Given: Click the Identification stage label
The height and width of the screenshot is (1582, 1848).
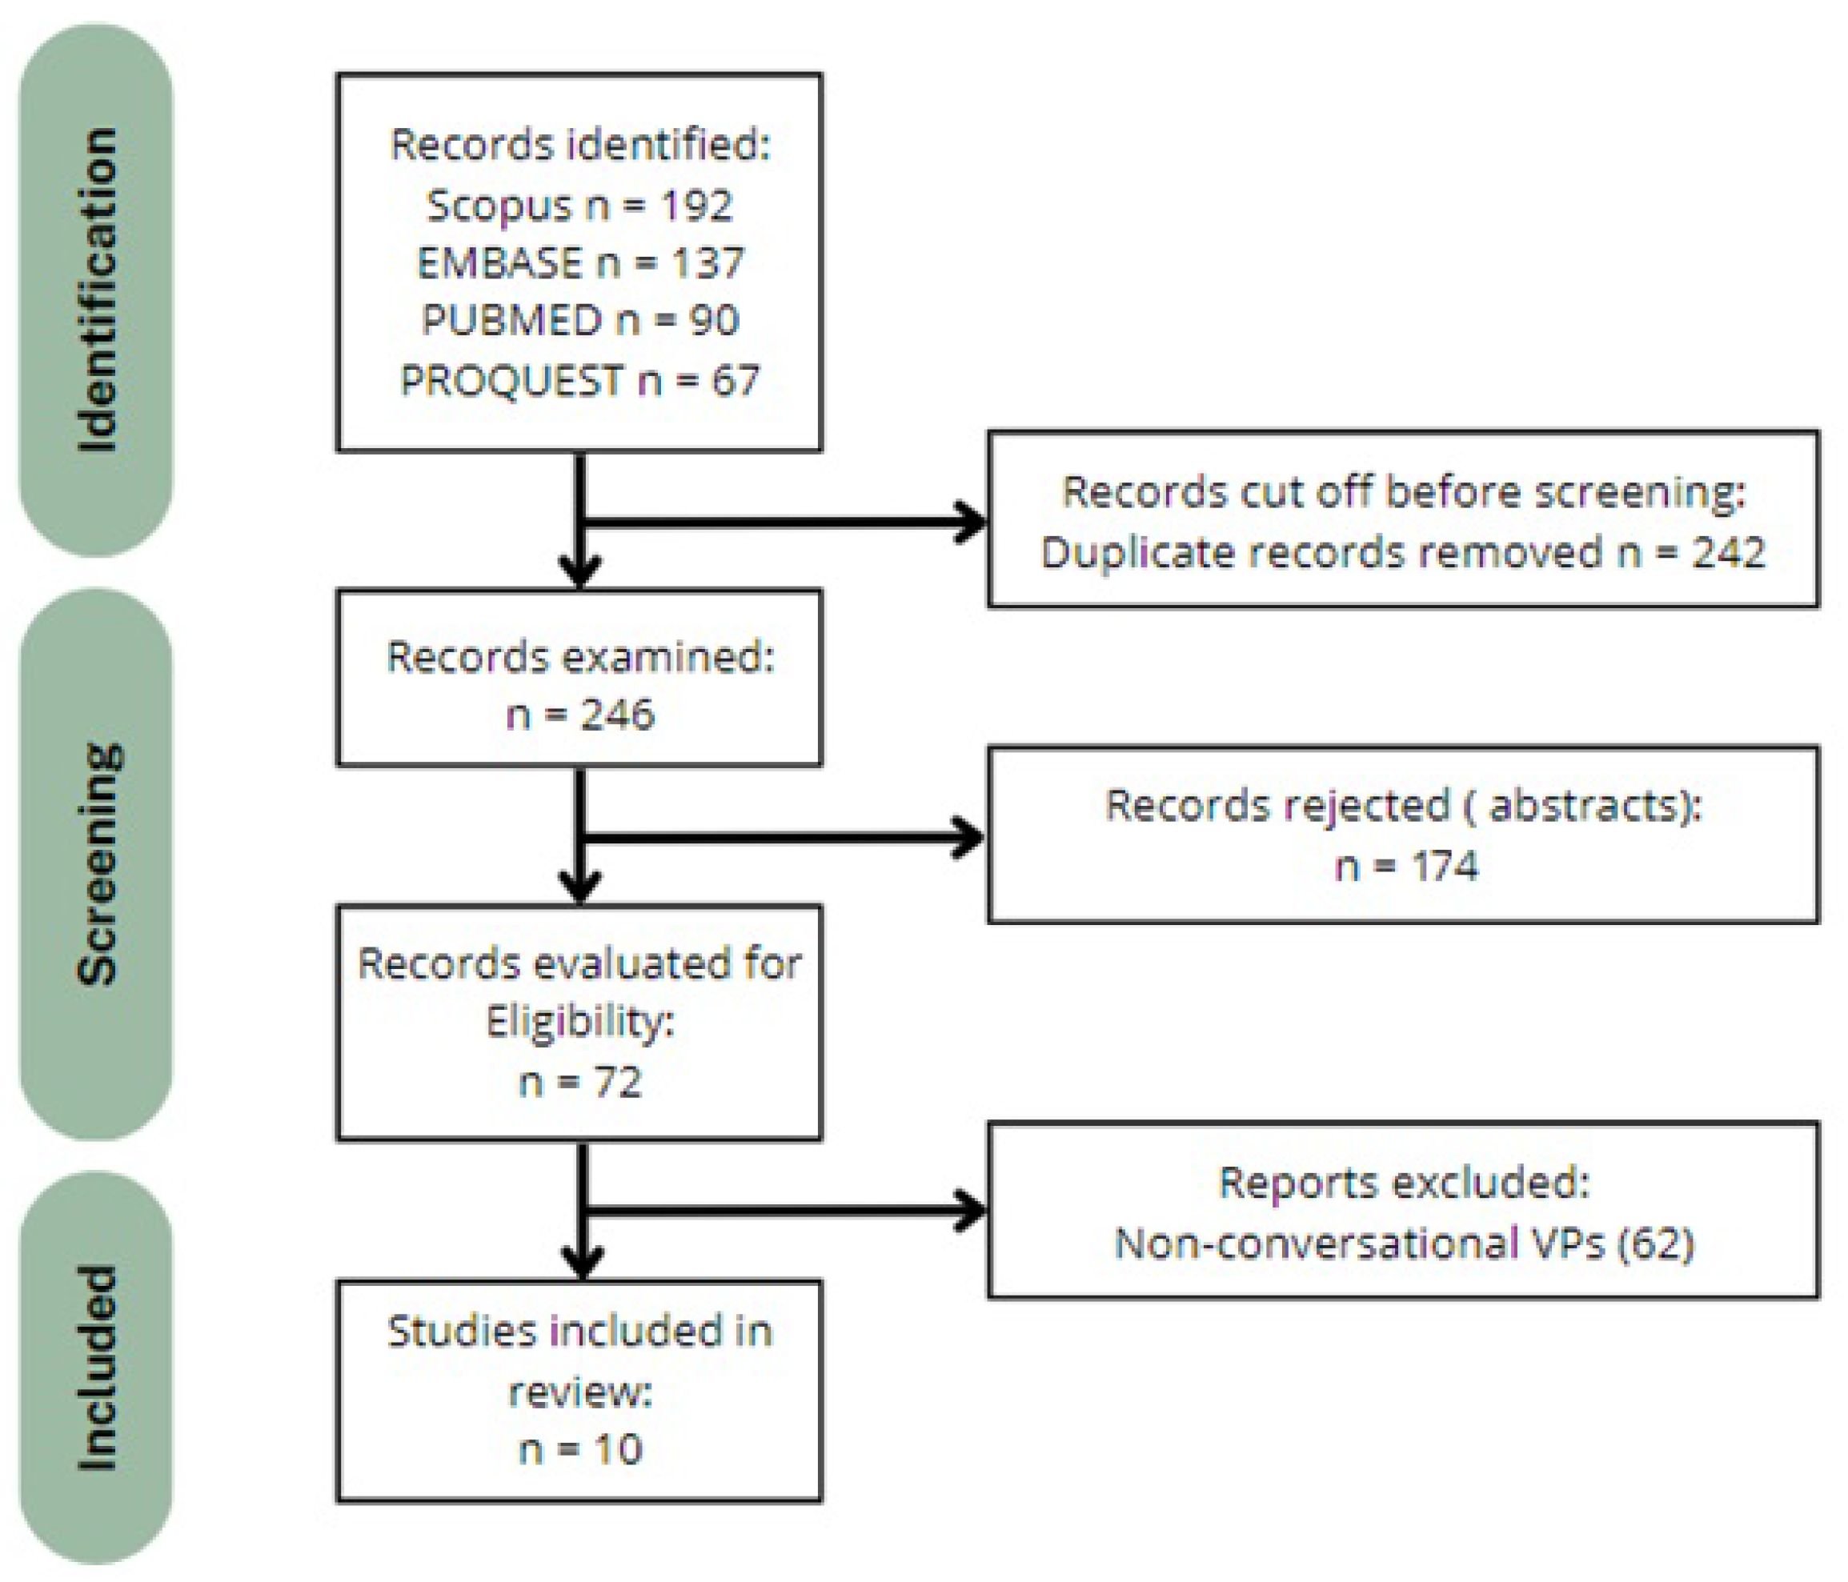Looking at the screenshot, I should pyautogui.click(x=96, y=290).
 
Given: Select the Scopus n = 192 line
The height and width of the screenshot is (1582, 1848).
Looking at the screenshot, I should pyautogui.click(x=579, y=206).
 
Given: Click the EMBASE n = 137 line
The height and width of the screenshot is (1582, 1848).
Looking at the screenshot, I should pyautogui.click(x=579, y=263).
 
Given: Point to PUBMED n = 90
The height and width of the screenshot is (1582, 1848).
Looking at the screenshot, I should pyautogui.click(x=579, y=321).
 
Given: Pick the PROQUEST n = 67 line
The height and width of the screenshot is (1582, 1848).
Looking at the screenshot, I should pyautogui.click(x=579, y=381).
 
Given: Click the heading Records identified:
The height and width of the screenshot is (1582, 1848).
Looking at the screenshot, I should pyautogui.click(x=579, y=145).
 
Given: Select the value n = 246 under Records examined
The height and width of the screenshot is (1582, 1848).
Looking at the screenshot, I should pyautogui.click(x=579, y=715).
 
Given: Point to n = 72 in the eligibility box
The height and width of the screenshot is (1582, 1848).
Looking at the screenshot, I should pyautogui.click(x=579, y=1082).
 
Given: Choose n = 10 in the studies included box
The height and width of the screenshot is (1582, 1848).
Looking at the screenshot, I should pyautogui.click(x=579, y=1449).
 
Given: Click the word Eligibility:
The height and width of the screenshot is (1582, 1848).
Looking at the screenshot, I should pyautogui.click(x=579, y=1022).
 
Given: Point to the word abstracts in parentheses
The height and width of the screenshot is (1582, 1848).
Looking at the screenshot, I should pyautogui.click(x=1585, y=805).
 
